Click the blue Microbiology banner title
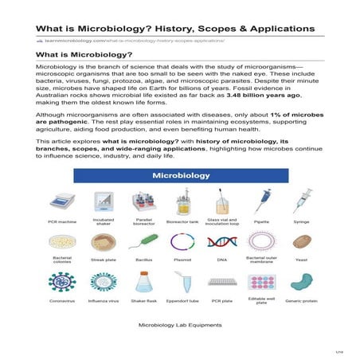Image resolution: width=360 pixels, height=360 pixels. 181,174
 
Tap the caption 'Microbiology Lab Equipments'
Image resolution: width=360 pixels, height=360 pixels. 180,325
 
